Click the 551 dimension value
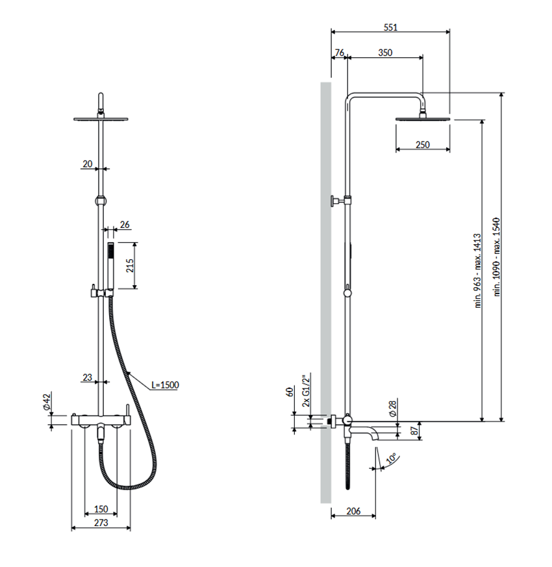390,27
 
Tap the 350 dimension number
385,53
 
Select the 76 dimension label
340,53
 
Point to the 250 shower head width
423,145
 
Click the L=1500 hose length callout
165,384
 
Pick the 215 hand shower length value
130,266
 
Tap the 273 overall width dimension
101,523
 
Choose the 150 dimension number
101,509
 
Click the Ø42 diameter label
47,402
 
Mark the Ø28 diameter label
393,409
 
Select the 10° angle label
391,459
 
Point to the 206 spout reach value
353,511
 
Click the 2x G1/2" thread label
307,390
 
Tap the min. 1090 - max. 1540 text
496,257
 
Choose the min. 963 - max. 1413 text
478,271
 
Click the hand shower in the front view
111,270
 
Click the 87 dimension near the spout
414,431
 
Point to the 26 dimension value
125,225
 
